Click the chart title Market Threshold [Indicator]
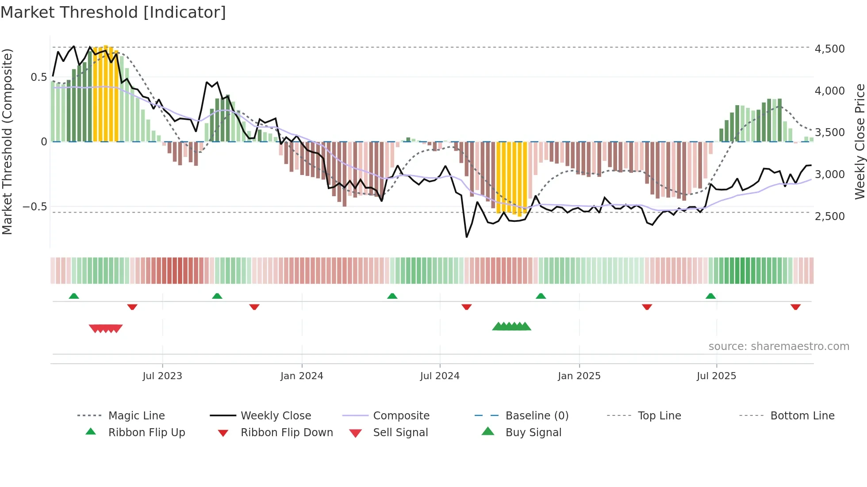point(113,12)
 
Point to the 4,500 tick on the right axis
point(829,49)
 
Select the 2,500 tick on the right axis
point(829,216)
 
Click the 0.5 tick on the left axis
point(38,77)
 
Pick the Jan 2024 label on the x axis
point(302,376)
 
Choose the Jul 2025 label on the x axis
point(716,376)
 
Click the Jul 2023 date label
point(162,376)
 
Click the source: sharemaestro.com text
point(779,346)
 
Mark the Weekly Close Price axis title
point(859,141)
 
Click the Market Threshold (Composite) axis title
point(7,141)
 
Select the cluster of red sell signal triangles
point(106,328)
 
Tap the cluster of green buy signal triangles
point(511,327)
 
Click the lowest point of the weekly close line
point(467,237)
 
